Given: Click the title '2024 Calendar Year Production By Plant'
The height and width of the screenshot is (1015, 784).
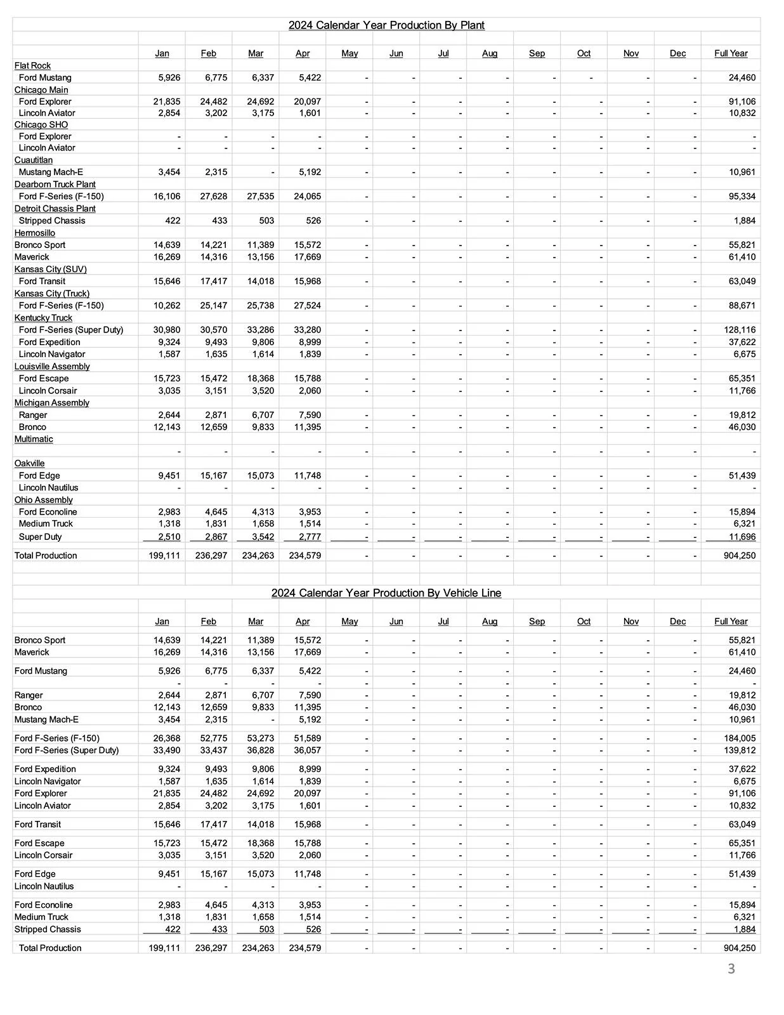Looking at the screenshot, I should click(386, 25).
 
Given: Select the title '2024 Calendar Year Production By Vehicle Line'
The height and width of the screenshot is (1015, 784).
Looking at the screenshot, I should click(386, 593).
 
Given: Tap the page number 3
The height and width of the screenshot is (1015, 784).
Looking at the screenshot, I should click(731, 969).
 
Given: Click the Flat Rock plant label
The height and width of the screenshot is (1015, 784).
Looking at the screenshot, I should click(32, 65).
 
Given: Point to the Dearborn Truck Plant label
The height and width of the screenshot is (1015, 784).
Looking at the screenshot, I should click(55, 185).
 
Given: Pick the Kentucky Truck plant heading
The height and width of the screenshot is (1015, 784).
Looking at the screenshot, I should click(43, 318).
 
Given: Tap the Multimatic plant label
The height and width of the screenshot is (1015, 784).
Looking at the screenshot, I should click(34, 439).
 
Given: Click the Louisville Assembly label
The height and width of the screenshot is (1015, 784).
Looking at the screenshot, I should click(52, 367).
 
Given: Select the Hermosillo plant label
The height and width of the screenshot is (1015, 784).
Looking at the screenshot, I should click(35, 233).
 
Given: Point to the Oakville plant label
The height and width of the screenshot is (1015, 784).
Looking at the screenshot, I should click(30, 464).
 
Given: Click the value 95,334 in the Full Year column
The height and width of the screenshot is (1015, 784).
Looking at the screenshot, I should click(742, 197).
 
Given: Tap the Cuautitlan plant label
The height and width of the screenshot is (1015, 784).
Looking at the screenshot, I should click(34, 160).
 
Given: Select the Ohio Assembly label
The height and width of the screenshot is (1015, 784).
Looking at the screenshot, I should click(44, 500).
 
